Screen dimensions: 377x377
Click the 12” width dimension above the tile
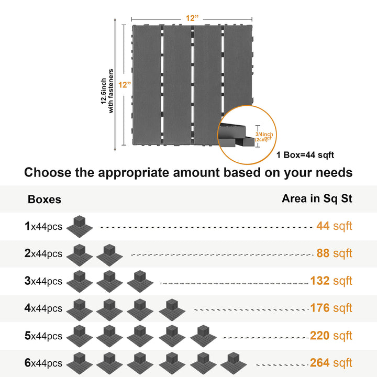tap(192, 18)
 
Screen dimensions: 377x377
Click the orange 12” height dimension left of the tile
tap(125, 85)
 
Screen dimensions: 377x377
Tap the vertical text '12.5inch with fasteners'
tap(107, 91)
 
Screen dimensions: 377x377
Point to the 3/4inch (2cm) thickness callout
tap(264, 137)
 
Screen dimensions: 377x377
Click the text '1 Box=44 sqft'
tap(305, 155)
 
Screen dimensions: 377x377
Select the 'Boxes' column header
tap(45, 199)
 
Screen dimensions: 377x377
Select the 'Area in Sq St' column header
tap(317, 198)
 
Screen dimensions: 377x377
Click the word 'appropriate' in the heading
tap(134, 173)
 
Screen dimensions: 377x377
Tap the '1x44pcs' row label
tap(43, 226)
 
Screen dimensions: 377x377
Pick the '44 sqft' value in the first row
tap(334, 226)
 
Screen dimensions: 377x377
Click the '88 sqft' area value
tap(334, 253)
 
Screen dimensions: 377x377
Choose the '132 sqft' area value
tap(331, 281)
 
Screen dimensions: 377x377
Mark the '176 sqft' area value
tap(331, 308)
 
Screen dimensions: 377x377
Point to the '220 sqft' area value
tap(331, 336)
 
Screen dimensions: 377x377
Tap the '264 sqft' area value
tap(331, 362)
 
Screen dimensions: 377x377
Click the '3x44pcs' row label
tap(43, 281)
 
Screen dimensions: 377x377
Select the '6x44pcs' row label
tap(43, 363)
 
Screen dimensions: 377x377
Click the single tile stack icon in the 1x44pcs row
tap(80, 226)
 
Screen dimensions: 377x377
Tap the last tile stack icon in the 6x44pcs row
tap(234, 363)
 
